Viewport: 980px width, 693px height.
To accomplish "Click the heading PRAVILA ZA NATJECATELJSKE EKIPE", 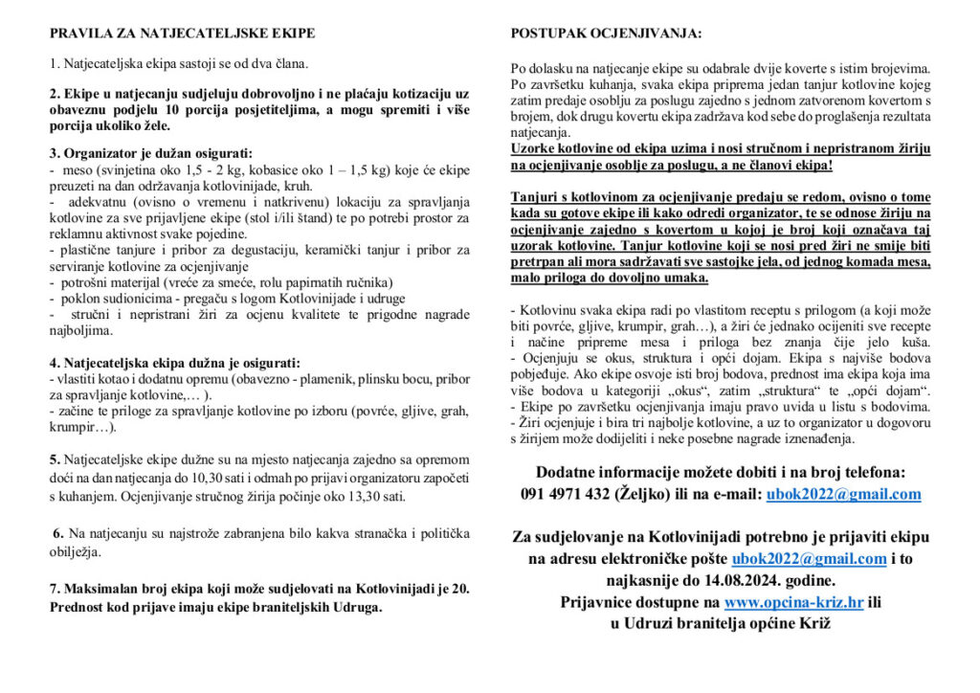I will click(x=182, y=34).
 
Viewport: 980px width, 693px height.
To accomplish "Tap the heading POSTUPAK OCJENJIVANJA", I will click(x=606, y=34).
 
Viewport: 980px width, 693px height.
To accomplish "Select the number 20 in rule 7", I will click(x=461, y=588).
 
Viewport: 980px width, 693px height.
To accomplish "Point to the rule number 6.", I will click(x=58, y=533).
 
